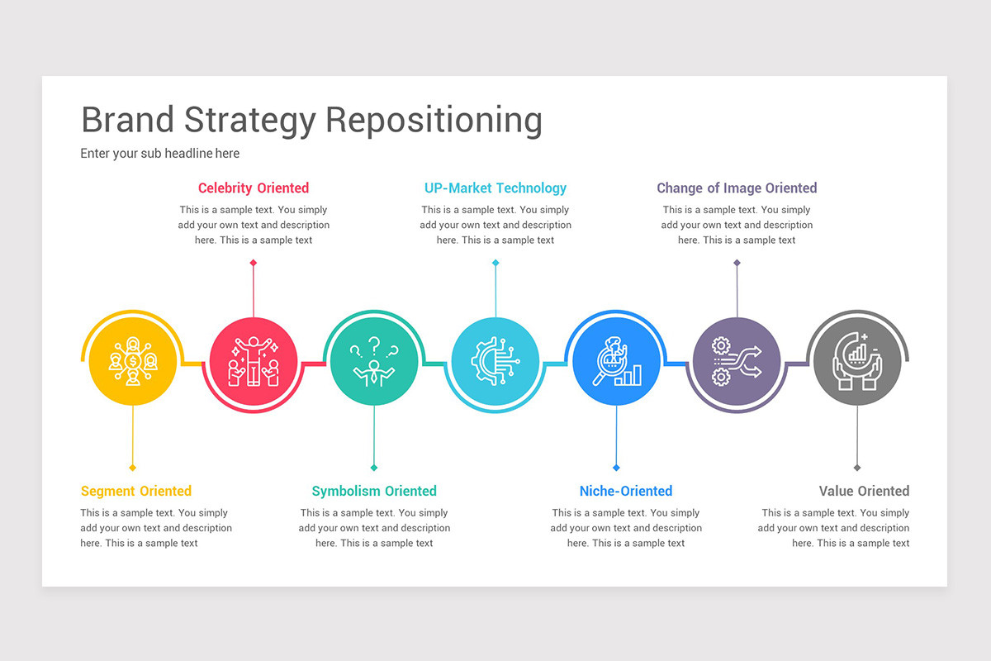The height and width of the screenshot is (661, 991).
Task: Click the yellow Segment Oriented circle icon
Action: [x=132, y=362]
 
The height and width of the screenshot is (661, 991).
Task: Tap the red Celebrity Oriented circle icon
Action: [x=254, y=362]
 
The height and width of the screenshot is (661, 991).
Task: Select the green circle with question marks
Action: [x=374, y=362]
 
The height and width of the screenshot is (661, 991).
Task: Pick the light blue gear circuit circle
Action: [x=495, y=362]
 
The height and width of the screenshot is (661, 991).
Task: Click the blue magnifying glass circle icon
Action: [x=616, y=362]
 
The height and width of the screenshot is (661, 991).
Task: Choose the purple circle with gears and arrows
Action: [x=737, y=362]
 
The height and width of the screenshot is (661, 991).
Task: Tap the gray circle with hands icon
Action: [x=857, y=362]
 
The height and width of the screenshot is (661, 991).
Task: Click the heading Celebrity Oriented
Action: [x=254, y=188]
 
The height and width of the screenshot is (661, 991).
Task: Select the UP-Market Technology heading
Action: [x=495, y=188]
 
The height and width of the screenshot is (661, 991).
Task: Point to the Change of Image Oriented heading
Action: [x=737, y=188]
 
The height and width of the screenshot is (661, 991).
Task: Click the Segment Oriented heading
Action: [x=136, y=491]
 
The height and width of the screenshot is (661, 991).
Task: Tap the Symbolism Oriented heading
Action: [x=374, y=491]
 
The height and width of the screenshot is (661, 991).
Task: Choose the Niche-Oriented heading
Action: [x=626, y=491]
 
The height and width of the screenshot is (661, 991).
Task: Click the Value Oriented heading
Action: [x=864, y=491]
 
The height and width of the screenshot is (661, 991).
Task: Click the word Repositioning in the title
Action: [x=434, y=121]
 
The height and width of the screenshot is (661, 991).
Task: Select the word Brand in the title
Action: [x=128, y=120]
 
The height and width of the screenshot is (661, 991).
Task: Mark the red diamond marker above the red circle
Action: [x=254, y=263]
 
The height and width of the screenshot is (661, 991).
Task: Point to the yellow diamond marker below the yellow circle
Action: [x=132, y=468]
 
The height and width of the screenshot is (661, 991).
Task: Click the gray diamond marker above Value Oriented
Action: [x=857, y=468]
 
